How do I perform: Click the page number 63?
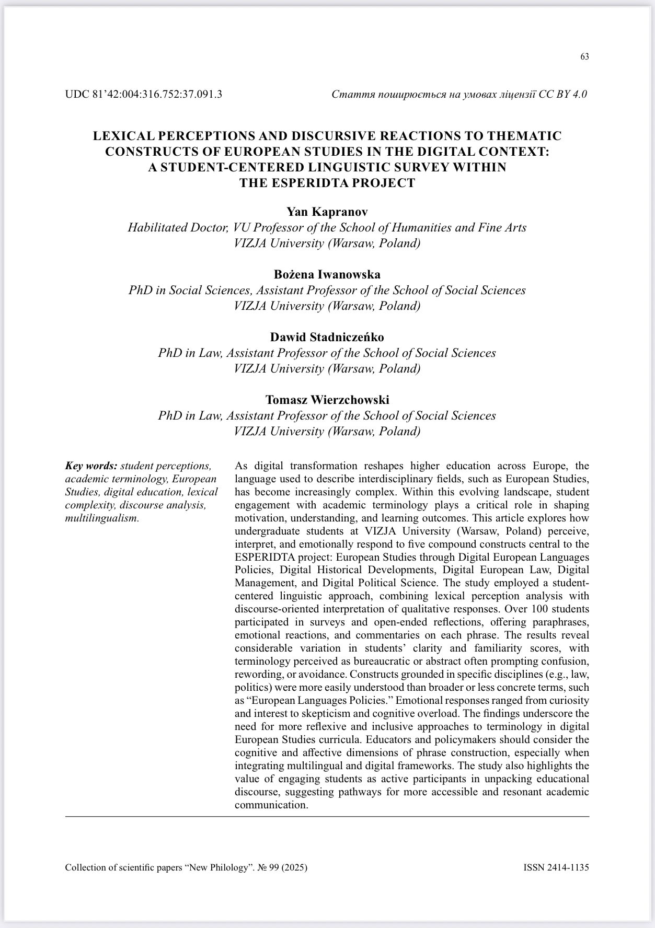point(584,57)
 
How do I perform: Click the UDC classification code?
point(143,95)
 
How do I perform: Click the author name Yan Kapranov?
point(327,212)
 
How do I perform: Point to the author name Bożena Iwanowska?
point(327,274)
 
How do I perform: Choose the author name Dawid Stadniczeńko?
point(327,337)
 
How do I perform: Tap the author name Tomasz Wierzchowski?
point(327,400)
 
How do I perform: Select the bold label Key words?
point(91,466)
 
